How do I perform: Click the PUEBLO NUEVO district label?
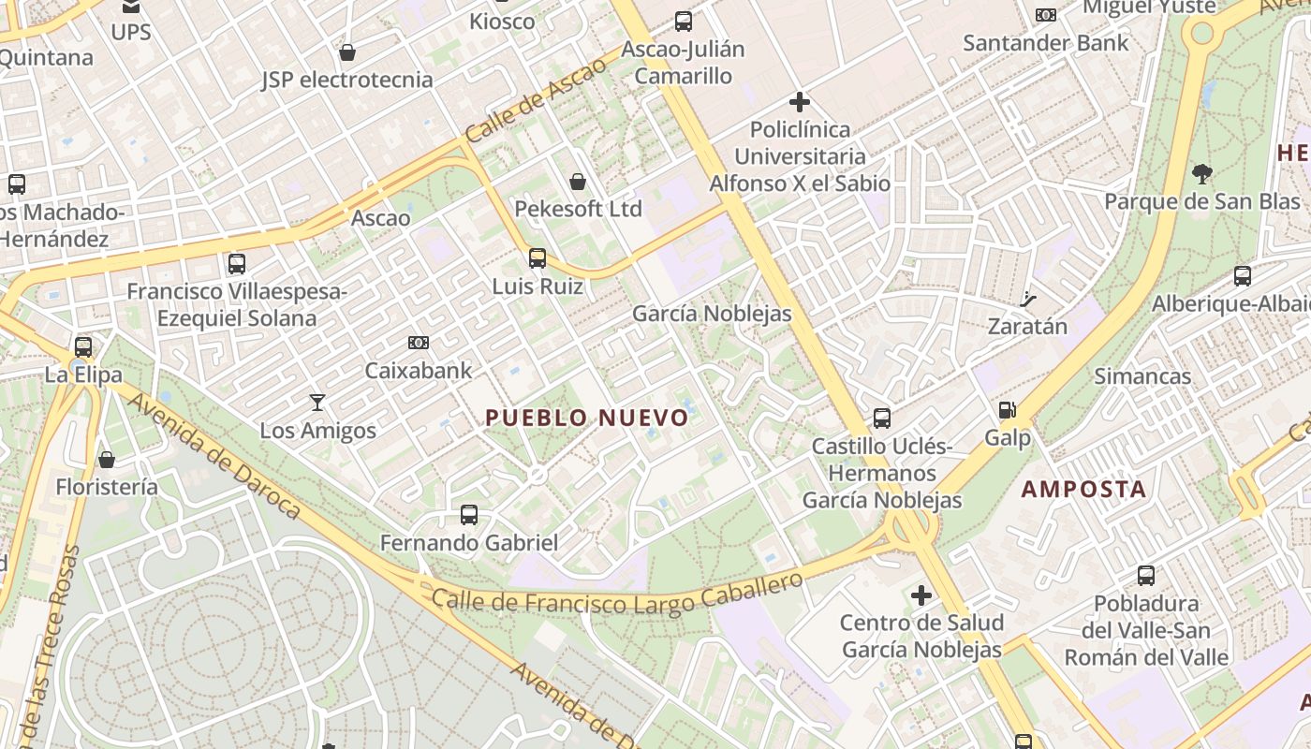tap(587, 418)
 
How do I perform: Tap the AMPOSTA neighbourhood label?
tap(1083, 489)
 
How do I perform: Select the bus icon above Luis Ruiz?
tap(538, 257)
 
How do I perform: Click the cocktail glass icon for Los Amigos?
tap(317, 403)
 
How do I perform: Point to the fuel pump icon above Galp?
tap(1007, 410)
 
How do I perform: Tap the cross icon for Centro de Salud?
tap(921, 595)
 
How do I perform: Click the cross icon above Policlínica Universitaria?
tap(800, 101)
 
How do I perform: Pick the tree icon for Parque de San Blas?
tap(1201, 173)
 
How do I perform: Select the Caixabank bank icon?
tap(419, 343)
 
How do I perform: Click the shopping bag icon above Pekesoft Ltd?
tap(578, 181)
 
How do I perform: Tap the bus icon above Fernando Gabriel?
tap(469, 514)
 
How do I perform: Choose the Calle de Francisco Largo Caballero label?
tap(617, 592)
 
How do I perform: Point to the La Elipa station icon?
tap(83, 346)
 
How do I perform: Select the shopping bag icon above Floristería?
tap(107, 460)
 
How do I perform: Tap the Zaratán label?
tap(1027, 327)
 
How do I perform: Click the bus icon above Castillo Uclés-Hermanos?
tap(882, 418)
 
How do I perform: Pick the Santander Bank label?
tap(1046, 43)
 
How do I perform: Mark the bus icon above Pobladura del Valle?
tap(1146, 576)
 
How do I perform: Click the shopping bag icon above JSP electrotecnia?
tap(347, 52)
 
